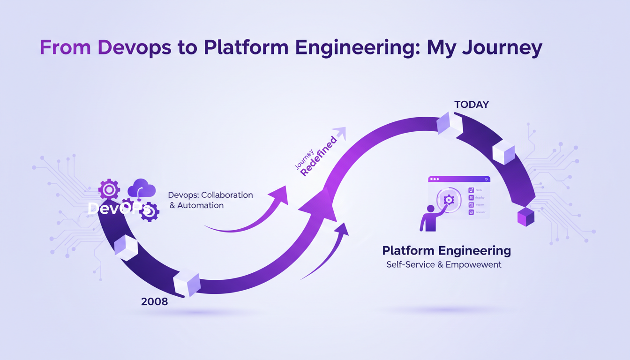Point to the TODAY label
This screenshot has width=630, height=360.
472,105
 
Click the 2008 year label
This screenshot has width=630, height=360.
154,301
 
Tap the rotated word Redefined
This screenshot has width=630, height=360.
318,157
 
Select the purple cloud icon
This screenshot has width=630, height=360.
142,188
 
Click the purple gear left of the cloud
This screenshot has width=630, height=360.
109,189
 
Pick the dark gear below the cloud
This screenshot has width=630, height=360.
150,212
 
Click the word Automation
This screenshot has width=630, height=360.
200,205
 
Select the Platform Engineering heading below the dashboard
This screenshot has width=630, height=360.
446,250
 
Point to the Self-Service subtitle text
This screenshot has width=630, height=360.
444,265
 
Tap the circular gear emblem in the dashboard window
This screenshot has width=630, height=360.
449,200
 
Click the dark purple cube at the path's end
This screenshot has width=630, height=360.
525,217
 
